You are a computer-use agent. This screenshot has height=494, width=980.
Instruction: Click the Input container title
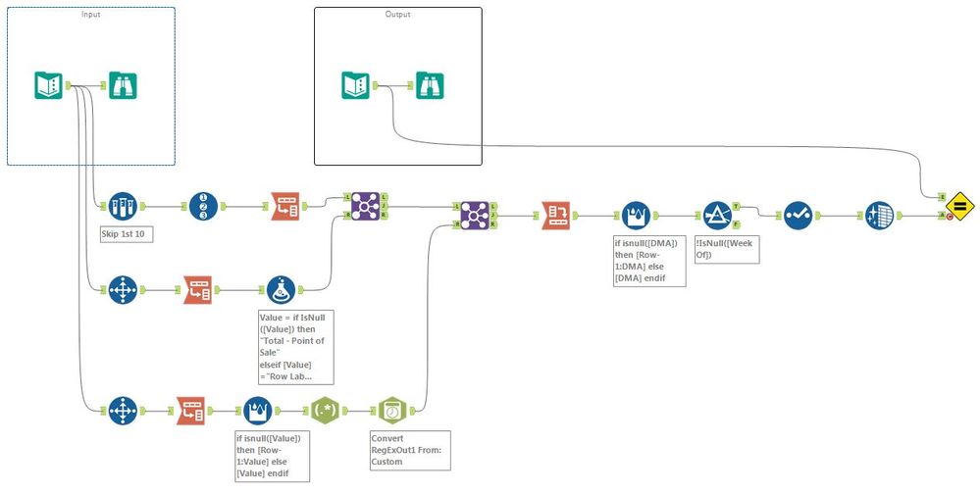(90, 15)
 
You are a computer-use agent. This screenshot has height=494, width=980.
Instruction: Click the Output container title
(397, 15)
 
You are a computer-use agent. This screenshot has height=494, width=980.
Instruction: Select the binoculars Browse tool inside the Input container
(123, 86)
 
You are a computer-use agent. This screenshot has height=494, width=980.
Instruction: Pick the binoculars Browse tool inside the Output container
(430, 86)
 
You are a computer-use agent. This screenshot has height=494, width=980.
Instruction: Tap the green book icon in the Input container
(49, 86)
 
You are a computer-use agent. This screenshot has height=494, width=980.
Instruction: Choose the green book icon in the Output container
(356, 86)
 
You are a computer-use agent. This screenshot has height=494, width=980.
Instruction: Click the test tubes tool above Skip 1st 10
(122, 207)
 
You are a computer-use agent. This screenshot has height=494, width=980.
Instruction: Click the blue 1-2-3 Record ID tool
(201, 207)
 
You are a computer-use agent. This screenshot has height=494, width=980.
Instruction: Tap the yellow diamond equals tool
(958, 207)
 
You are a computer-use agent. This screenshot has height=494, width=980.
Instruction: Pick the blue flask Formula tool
(281, 290)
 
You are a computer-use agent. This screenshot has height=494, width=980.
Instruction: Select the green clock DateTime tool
(392, 408)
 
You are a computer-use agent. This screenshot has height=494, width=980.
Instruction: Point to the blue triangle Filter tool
(717, 216)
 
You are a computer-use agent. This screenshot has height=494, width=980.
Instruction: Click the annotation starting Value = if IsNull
(294, 346)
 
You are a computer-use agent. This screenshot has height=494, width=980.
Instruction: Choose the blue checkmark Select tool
(797, 216)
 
